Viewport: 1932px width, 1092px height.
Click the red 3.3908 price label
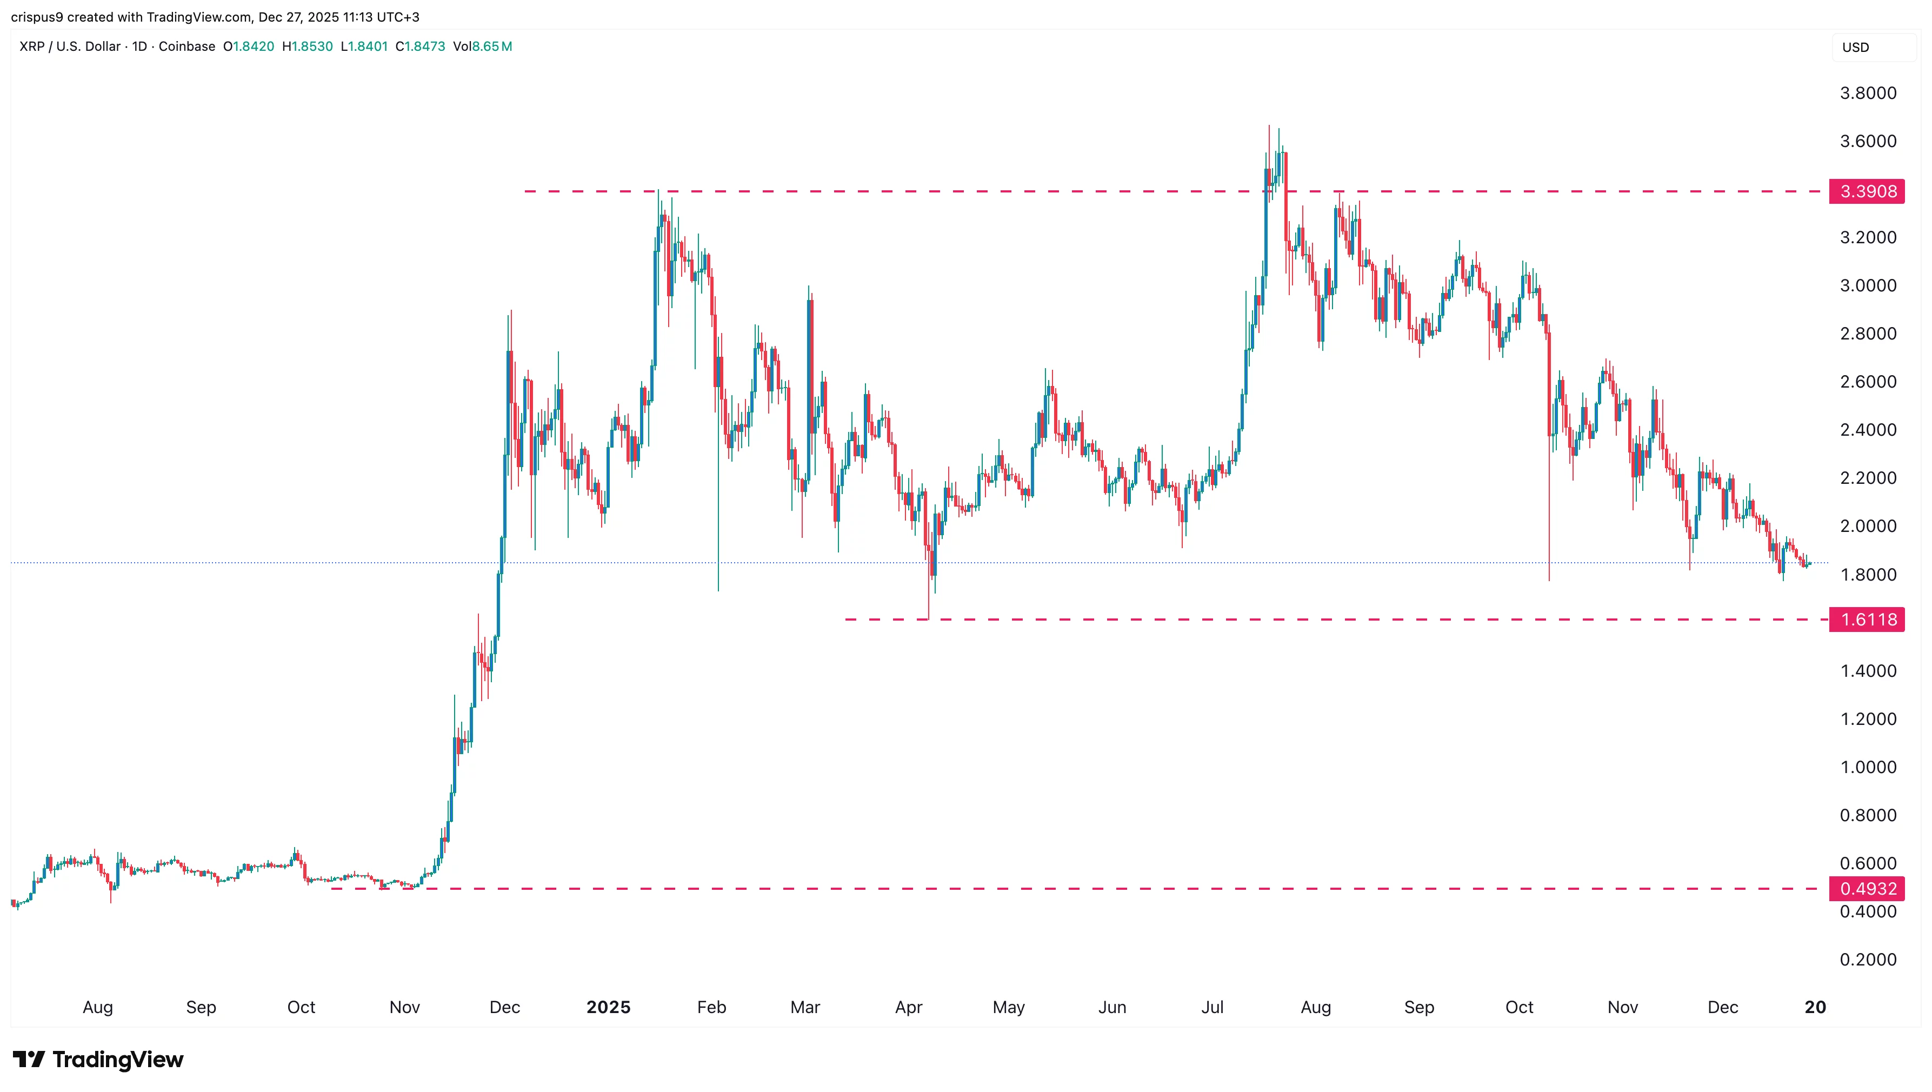click(x=1868, y=191)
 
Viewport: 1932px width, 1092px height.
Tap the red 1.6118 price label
click(x=1868, y=620)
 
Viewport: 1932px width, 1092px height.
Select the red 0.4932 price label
click(x=1868, y=889)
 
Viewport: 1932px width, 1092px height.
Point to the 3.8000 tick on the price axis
click(x=1868, y=93)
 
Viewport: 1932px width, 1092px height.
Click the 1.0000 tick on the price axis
click(x=1868, y=767)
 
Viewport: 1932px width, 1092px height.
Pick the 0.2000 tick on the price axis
click(x=1868, y=959)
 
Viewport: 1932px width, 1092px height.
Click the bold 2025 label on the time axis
click(x=608, y=1007)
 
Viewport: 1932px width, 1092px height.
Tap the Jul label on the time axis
click(x=1212, y=1007)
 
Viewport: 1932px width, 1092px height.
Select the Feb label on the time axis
click(x=711, y=1007)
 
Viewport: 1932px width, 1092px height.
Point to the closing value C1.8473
click(x=420, y=46)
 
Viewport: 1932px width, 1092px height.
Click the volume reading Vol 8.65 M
click(x=482, y=46)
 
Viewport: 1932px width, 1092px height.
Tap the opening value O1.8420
click(x=248, y=46)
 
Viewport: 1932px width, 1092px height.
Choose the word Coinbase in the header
click(x=186, y=46)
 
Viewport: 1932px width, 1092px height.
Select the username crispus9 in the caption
click(x=37, y=17)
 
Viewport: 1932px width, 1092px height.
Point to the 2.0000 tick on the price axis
click(x=1868, y=527)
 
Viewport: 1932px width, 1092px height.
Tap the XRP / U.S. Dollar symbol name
click(x=70, y=46)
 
